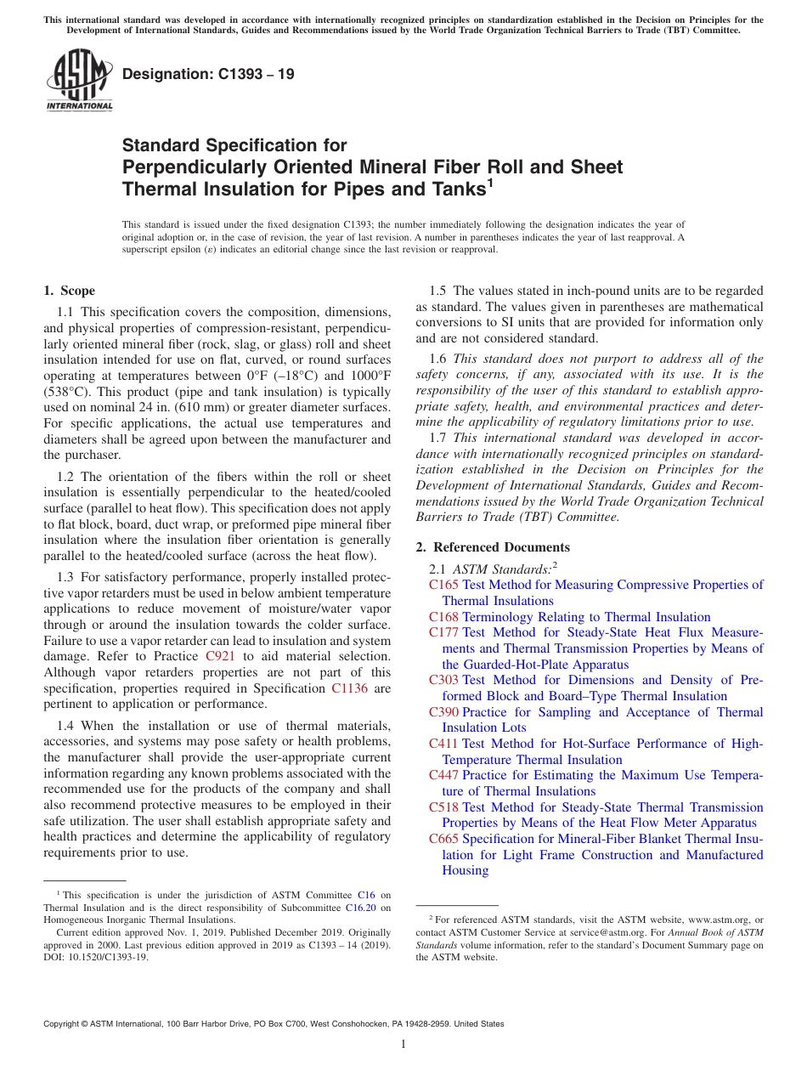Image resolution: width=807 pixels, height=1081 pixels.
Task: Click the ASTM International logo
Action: coord(78,81)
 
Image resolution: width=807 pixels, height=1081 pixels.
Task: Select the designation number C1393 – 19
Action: coord(208,74)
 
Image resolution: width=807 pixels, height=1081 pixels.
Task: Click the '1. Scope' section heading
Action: coord(69,291)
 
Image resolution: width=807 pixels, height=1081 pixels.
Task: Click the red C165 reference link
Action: coord(443,585)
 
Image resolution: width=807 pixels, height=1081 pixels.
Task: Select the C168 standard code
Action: coord(443,617)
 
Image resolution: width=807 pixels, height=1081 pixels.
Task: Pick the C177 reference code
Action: coord(443,632)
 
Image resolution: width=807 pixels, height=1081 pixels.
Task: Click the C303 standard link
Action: coord(443,680)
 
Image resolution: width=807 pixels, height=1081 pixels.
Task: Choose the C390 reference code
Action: coord(443,712)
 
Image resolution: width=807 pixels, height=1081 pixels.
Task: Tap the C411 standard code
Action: coord(443,744)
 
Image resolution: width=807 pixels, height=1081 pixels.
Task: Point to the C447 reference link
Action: coord(443,775)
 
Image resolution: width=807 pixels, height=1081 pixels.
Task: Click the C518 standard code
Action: coord(443,807)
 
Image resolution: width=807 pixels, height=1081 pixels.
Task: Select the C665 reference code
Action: coord(443,839)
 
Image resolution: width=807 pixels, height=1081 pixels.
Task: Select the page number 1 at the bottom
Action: coord(403,1044)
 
